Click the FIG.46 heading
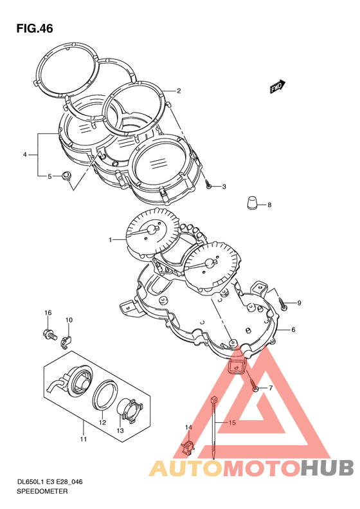pos(35,29)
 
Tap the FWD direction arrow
pos(277,87)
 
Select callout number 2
pos(178,91)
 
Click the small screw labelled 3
pos(209,186)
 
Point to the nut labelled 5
pos(66,176)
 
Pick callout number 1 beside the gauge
pos(111,240)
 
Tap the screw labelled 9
pos(283,304)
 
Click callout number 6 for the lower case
pos(293,330)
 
